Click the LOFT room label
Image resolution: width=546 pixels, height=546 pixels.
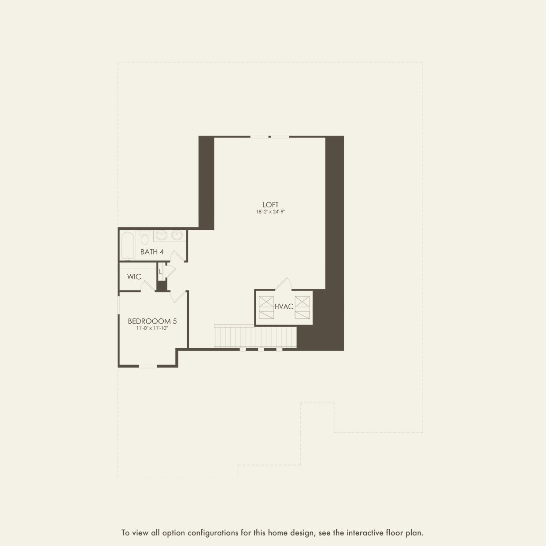coord(270,205)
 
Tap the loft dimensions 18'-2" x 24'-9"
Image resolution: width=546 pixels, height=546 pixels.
coord(270,212)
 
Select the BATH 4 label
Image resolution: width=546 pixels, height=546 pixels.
coord(152,251)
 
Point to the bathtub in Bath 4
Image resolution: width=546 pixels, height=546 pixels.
coord(128,245)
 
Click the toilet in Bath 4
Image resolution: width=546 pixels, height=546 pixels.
coord(144,237)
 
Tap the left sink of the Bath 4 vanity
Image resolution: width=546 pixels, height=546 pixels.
coord(162,236)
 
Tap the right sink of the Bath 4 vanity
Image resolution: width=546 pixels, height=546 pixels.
coord(177,236)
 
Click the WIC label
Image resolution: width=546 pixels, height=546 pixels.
coord(134,277)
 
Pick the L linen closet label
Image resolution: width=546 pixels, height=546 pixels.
coord(160,272)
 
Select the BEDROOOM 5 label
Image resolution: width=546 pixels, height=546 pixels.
coord(152,321)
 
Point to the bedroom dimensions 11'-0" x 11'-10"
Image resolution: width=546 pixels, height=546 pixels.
coord(152,328)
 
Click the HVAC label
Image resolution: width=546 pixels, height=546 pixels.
coord(284,306)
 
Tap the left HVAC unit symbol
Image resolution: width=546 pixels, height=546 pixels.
coord(266,307)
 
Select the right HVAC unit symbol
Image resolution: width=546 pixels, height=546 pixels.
coord(302,307)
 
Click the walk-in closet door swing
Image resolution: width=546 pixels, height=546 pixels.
coord(148,286)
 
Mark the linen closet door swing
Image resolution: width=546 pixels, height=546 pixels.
coord(170,271)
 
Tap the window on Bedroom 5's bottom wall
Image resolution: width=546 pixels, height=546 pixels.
coord(148,366)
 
